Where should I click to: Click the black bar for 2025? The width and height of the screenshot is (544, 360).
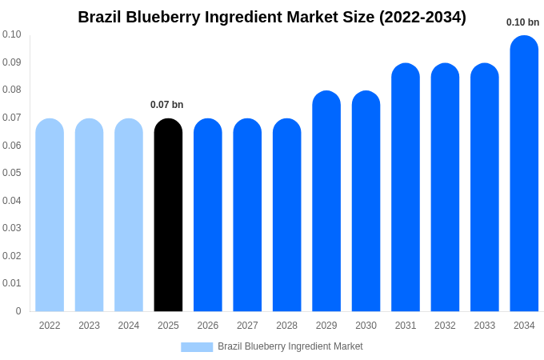tap(168, 216)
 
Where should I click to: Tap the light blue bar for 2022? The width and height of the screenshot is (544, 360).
tap(50, 216)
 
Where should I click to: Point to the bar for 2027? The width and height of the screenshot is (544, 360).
tap(247, 216)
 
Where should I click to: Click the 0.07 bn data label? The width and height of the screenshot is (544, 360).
tap(166, 105)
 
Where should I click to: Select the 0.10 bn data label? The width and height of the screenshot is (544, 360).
tap(522, 22)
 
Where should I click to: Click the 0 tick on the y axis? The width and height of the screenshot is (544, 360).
tap(18, 311)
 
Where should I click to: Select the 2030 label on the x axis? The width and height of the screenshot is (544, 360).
tap(366, 326)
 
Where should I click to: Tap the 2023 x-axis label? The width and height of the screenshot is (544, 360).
tap(89, 326)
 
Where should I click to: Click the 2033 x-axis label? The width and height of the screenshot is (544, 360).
tap(484, 326)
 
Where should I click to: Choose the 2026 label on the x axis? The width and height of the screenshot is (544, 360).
tap(207, 326)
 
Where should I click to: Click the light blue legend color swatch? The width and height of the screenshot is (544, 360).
tap(197, 347)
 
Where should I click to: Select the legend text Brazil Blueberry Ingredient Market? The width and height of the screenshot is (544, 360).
tap(290, 346)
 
